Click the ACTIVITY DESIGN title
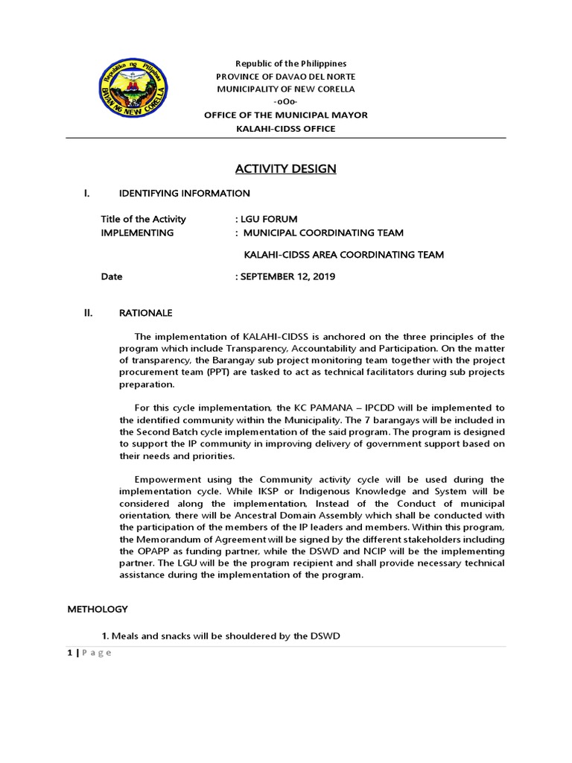pyautogui.click(x=286, y=168)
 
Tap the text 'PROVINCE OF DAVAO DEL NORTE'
pyautogui.click(x=285, y=77)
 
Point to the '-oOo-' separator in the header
pyautogui.click(x=285, y=101)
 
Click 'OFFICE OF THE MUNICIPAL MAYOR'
pyautogui.click(x=286, y=115)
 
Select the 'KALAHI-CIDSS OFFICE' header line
pyautogui.click(x=285, y=128)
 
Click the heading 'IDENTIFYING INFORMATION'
pyautogui.click(x=185, y=194)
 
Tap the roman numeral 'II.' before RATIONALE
pyautogui.click(x=87, y=313)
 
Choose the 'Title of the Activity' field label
pyautogui.click(x=144, y=219)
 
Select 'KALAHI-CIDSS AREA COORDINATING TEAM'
pyautogui.click(x=344, y=255)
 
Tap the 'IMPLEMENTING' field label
pyautogui.click(x=137, y=232)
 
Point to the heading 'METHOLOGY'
pyautogui.click(x=98, y=609)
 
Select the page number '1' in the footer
pyautogui.click(x=70, y=653)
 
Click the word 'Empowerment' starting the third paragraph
pyautogui.click(x=165, y=479)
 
